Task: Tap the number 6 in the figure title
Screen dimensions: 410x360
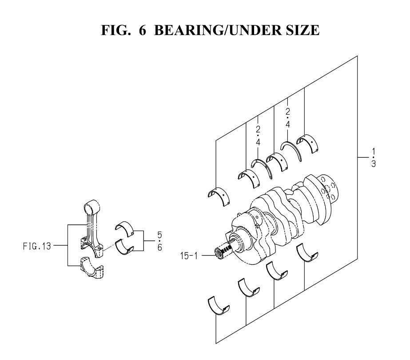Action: pyautogui.click(x=143, y=30)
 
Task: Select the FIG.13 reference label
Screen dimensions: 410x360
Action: pyautogui.click(x=37, y=246)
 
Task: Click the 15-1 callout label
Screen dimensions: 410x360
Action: pyautogui.click(x=189, y=256)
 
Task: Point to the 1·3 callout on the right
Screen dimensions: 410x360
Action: pyautogui.click(x=374, y=157)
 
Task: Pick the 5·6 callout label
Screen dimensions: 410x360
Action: pyautogui.click(x=159, y=241)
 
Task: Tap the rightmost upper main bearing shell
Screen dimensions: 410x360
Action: pyautogui.click(x=308, y=144)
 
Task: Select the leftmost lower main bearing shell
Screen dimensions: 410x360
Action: pyautogui.click(x=219, y=306)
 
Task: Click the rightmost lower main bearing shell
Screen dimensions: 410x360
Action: pyautogui.click(x=307, y=253)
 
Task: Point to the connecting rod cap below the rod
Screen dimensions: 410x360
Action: pyautogui.click(x=92, y=268)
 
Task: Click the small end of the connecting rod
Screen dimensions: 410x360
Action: pyautogui.click(x=92, y=207)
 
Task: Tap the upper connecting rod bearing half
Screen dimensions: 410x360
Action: pyautogui.click(x=125, y=229)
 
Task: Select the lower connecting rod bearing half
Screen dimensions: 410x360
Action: pyautogui.click(x=124, y=247)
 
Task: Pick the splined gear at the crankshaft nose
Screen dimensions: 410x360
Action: pyautogui.click(x=223, y=250)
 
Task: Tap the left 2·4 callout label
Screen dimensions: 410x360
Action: pyautogui.click(x=258, y=136)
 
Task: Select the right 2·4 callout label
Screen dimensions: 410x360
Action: pyautogui.click(x=288, y=118)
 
